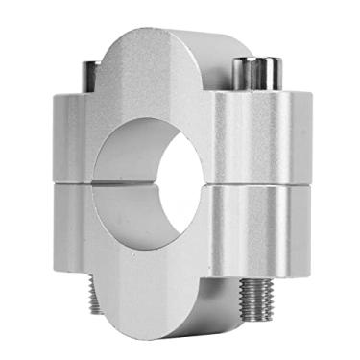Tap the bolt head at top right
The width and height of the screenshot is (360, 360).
257,72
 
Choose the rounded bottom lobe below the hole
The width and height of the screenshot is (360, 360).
154,288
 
